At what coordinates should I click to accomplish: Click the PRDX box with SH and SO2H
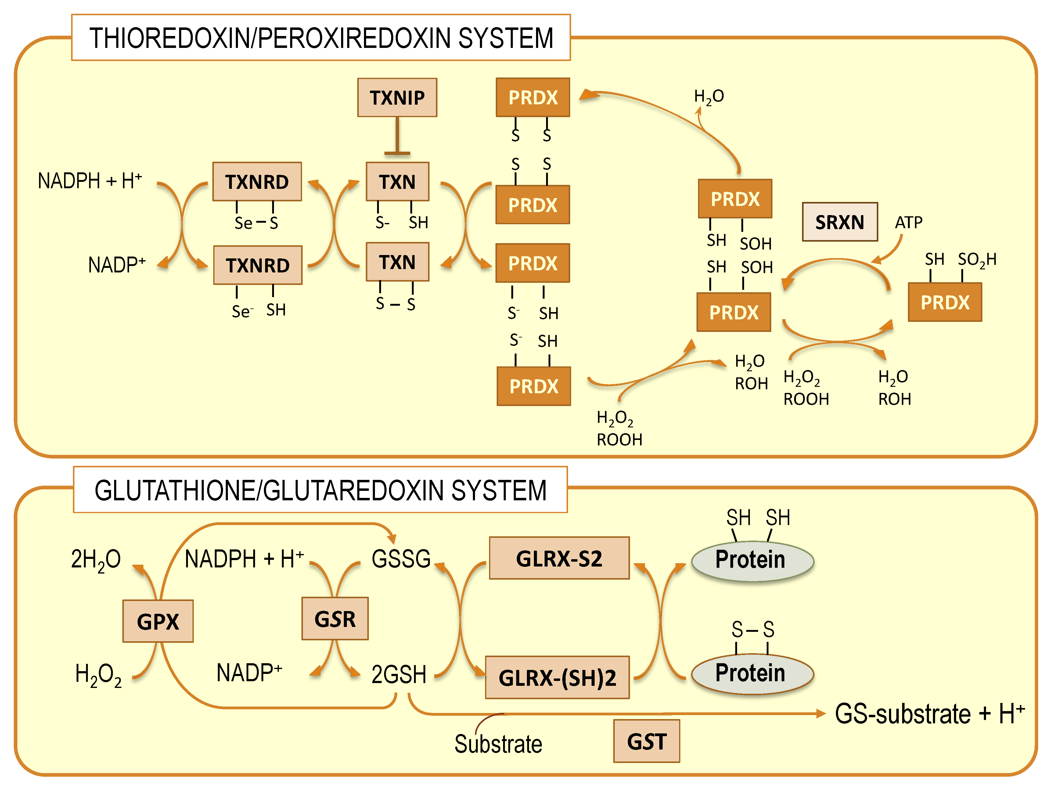pos(944,302)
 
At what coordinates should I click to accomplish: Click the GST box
pos(646,741)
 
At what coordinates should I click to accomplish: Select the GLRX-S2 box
pos(559,558)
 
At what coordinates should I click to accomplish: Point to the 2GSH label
pos(398,675)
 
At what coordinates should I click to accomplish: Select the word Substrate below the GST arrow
pos(498,744)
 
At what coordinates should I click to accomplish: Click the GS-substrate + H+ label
pos(929,714)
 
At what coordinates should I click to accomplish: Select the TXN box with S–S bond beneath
pos(397,262)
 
